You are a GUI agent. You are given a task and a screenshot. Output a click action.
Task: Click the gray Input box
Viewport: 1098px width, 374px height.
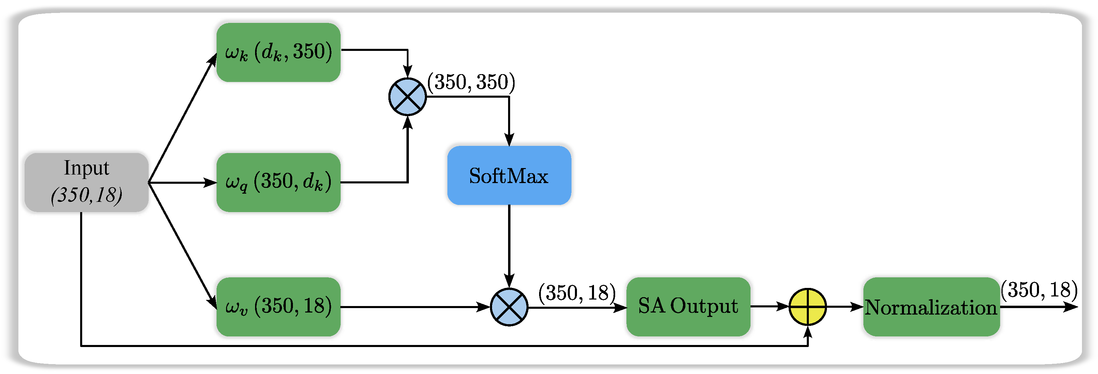[87, 182]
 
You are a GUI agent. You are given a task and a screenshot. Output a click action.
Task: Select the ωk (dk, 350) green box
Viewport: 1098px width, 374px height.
[278, 52]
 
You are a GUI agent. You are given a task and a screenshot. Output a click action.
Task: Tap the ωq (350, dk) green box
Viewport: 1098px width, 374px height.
[278, 182]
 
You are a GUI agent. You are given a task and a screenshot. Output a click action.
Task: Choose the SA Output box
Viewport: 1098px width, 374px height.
[688, 307]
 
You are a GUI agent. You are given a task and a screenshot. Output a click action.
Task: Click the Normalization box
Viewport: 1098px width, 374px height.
[931, 307]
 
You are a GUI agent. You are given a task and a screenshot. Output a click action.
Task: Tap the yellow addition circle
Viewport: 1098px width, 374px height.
[807, 307]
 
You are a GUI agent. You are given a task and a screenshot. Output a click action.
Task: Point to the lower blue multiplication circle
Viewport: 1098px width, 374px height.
[509, 307]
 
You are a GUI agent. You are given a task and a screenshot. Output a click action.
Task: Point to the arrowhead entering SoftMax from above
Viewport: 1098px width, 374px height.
[509, 140]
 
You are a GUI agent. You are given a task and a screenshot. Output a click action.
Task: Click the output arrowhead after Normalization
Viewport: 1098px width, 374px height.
[1071, 307]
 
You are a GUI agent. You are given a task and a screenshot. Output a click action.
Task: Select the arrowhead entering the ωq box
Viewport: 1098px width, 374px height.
[211, 183]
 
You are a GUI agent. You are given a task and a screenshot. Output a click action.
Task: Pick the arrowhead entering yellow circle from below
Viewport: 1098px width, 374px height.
[807, 332]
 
